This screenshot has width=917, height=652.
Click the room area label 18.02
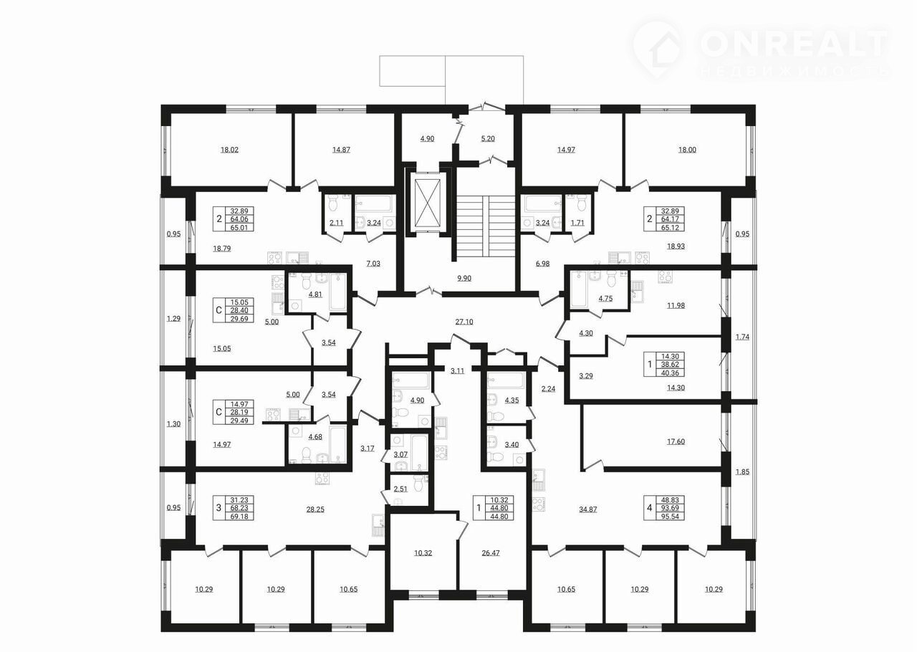[229, 150]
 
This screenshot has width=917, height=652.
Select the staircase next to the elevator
[486, 226]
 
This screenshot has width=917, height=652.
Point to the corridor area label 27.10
[464, 322]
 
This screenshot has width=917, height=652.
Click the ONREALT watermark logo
[762, 50]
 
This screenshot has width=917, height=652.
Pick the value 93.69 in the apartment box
[670, 508]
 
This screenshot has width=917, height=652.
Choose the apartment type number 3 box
[219, 508]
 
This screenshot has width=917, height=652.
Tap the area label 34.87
[588, 509]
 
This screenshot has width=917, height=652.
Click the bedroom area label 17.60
[676, 441]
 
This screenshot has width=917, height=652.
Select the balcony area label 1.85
[742, 471]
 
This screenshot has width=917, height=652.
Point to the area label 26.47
[491, 553]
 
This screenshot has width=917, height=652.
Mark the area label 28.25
[315, 509]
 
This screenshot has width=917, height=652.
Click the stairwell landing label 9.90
[464, 279]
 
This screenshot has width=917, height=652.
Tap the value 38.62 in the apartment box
[670, 365]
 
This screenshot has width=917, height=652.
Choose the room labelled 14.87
[341, 150]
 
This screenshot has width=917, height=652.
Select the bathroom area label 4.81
[315, 294]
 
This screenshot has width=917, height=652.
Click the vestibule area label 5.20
[488, 139]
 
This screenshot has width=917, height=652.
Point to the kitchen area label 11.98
[676, 305]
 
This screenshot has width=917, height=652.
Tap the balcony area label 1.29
[173, 319]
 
